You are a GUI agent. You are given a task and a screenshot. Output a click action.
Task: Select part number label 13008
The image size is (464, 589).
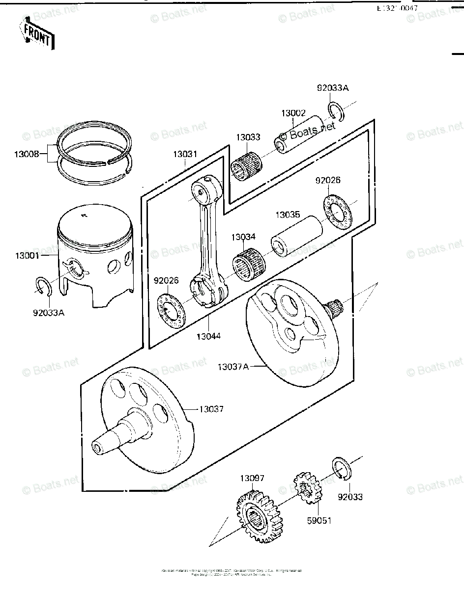[x=27, y=154]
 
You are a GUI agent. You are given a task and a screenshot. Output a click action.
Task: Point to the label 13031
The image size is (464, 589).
[x=185, y=154]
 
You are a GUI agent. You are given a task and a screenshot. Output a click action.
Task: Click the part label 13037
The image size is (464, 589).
[x=211, y=408]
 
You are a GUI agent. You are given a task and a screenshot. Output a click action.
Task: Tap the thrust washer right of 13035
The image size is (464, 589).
[x=339, y=212]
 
